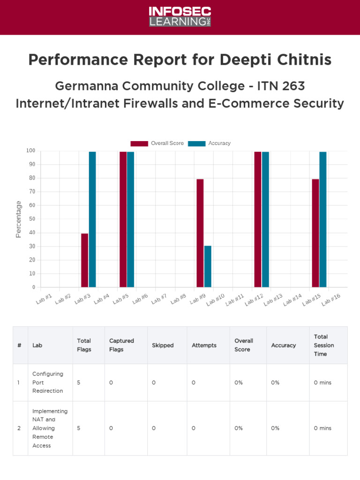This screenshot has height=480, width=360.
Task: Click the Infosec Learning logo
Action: (x=180, y=17)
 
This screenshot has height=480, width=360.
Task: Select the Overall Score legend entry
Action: (x=157, y=143)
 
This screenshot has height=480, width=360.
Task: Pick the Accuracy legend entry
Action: (x=210, y=143)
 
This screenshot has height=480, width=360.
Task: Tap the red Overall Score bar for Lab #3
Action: (x=84, y=260)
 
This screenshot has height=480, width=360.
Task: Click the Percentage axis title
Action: (x=19, y=219)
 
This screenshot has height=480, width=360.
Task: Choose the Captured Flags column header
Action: (x=121, y=345)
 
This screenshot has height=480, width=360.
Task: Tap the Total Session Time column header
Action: (x=324, y=345)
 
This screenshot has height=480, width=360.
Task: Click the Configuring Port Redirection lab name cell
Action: (x=47, y=382)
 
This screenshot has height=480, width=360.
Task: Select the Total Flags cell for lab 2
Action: (x=79, y=428)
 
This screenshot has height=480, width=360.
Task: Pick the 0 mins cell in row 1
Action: (x=322, y=382)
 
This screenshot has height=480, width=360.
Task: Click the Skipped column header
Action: (x=163, y=345)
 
